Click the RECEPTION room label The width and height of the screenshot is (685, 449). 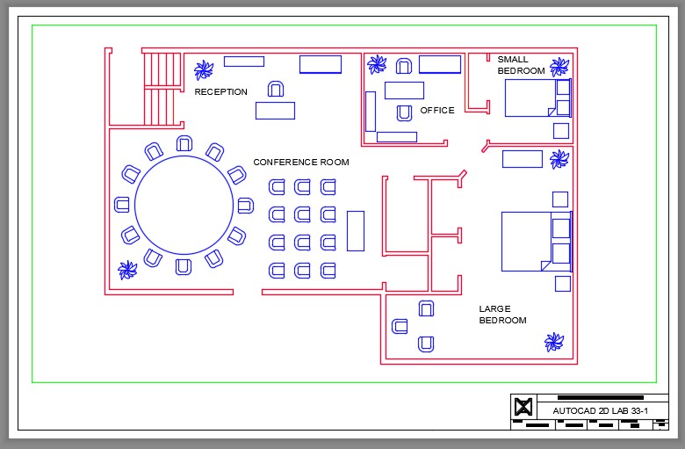click(x=221, y=91)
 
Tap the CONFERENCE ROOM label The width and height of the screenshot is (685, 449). click(x=300, y=163)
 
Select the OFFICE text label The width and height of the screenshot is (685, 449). click(x=437, y=111)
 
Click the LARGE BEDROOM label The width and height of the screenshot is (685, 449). click(x=502, y=315)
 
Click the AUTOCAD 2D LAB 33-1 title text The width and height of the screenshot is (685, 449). click(x=600, y=410)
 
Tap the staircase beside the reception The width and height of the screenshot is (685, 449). click(x=161, y=89)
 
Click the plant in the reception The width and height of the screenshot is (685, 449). click(x=205, y=69)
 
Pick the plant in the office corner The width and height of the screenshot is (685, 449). click(x=377, y=64)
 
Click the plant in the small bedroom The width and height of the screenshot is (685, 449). click(x=559, y=67)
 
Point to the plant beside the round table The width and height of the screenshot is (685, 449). click(x=128, y=270)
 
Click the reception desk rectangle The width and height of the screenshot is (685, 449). click(x=275, y=111)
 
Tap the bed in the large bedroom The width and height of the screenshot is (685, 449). click(x=536, y=241)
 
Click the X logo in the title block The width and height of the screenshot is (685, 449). click(x=523, y=407)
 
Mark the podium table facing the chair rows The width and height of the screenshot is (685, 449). click(x=356, y=230)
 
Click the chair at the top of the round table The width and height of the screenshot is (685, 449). click(x=184, y=143)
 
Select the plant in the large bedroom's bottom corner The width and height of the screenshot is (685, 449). click(x=554, y=342)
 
